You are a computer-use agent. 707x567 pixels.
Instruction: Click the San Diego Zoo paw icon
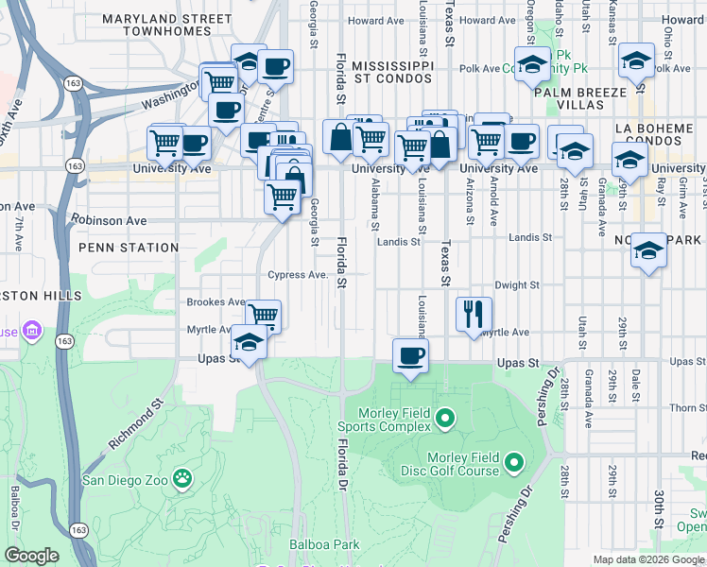click(181, 479)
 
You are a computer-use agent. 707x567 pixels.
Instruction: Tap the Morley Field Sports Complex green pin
click(446, 416)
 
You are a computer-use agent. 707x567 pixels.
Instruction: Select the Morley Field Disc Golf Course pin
click(513, 463)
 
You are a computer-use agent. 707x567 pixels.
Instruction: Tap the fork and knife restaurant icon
click(474, 313)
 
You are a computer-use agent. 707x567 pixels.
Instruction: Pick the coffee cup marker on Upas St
click(410, 355)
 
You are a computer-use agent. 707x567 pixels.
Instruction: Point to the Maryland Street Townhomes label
click(166, 25)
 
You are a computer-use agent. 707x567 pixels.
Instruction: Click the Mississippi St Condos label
click(392, 74)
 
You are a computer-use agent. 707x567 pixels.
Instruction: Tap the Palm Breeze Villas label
click(579, 99)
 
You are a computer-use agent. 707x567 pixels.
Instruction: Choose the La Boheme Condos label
click(653, 134)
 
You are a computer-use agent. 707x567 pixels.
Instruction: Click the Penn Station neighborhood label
click(129, 248)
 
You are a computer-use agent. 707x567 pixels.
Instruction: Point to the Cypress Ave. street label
click(297, 275)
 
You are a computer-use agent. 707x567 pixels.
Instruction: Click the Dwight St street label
click(517, 284)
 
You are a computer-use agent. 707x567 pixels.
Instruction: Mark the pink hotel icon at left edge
click(31, 332)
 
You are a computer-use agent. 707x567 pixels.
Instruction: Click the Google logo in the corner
click(32, 556)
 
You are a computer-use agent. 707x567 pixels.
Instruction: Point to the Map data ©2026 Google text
click(648, 559)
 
